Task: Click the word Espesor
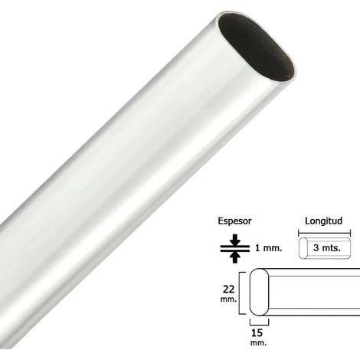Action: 234,221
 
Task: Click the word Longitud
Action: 323,221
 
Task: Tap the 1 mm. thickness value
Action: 269,247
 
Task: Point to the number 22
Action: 229,290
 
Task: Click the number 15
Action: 257,332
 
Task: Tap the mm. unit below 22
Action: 228,299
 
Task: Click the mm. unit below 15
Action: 258,342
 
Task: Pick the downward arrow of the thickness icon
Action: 235,240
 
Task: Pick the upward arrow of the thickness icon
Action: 235,257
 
